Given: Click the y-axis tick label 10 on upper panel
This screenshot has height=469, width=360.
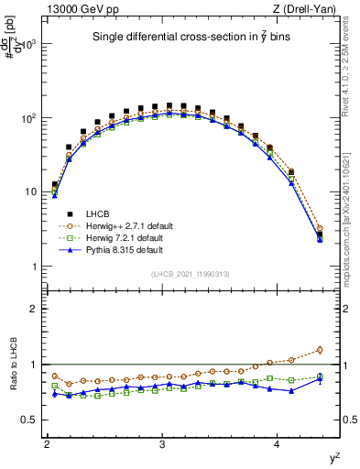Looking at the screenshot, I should (31, 192).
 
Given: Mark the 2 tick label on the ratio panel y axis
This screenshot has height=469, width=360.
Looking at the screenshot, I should (34, 309).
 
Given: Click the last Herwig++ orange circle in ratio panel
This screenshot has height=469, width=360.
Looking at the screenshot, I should (320, 349).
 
